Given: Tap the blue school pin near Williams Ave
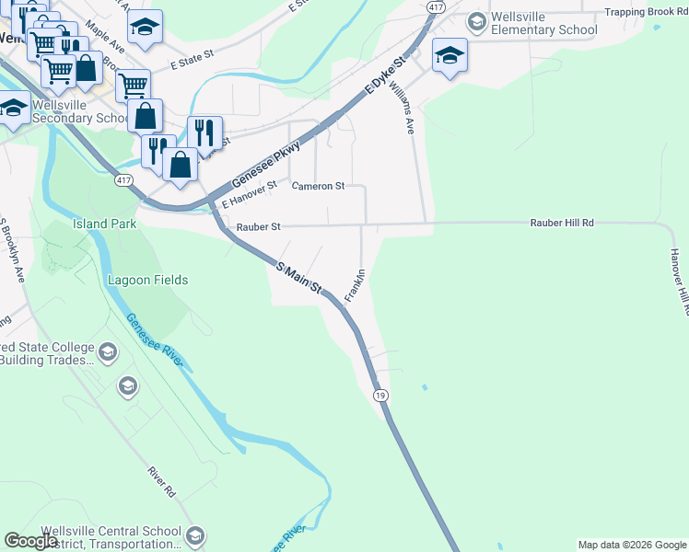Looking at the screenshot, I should (x=449, y=56).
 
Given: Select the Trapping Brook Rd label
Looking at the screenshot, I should (x=646, y=13).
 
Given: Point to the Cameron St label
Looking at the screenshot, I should (x=318, y=186).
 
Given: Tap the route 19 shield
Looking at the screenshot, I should (x=380, y=394).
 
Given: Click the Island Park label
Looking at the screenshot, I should (x=105, y=224).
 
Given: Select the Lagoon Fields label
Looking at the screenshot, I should (x=147, y=280).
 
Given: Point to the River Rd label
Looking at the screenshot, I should (x=161, y=482).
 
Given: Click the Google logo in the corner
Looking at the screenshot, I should (x=30, y=541).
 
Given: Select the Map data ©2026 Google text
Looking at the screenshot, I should (x=632, y=545).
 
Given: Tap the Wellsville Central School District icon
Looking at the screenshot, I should (x=194, y=535).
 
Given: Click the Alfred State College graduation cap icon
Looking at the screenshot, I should (x=108, y=352).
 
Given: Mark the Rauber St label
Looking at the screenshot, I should (x=258, y=226).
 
